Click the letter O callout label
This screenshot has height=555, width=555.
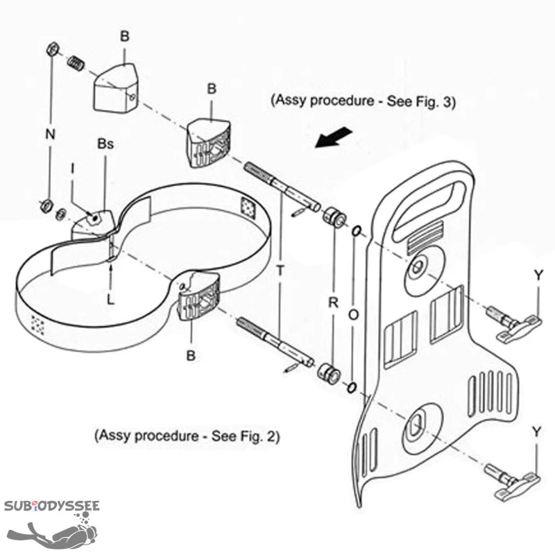(353, 314)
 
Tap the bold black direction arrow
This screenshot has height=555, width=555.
(332, 137)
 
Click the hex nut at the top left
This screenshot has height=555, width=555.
(51, 50)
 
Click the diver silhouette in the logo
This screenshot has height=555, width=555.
(59, 535)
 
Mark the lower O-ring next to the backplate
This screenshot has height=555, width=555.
(352, 386)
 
